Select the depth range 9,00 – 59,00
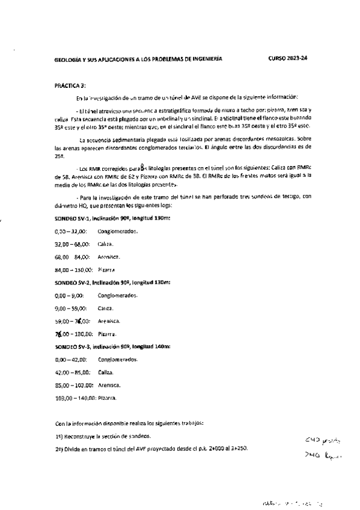[x=68, y=309]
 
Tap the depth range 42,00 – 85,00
[x=71, y=372]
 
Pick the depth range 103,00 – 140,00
[x=73, y=398]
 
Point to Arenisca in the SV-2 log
[x=109, y=321]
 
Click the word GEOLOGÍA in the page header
[x=68, y=59]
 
